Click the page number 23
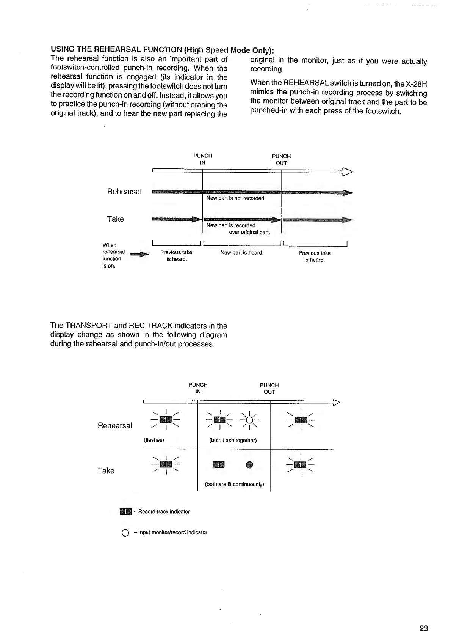(x=423, y=628)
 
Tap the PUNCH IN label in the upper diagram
(x=203, y=159)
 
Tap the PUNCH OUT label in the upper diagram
(x=281, y=159)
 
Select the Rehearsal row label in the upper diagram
(x=124, y=192)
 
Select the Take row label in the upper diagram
(x=115, y=219)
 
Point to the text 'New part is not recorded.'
(x=236, y=198)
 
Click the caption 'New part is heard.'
(x=242, y=253)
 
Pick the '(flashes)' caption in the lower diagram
(x=153, y=440)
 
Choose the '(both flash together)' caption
(x=233, y=440)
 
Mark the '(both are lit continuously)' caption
(x=234, y=485)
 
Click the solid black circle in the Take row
(x=249, y=464)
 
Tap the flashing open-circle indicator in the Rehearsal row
(x=249, y=420)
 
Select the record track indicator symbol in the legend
(x=125, y=512)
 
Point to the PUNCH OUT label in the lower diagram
(x=269, y=389)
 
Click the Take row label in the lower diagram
(x=106, y=471)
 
